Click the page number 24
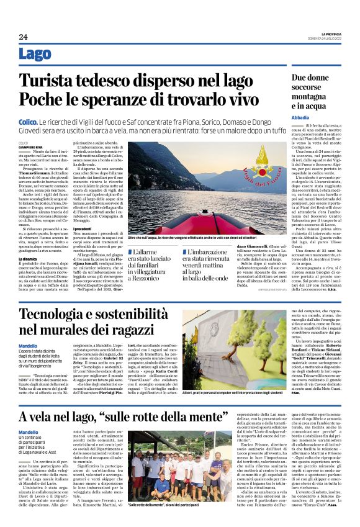pyautogui.click(x=23, y=37)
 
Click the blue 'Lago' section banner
pyautogui.click(x=35, y=55)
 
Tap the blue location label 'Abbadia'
pyautogui.click(x=302, y=117)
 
